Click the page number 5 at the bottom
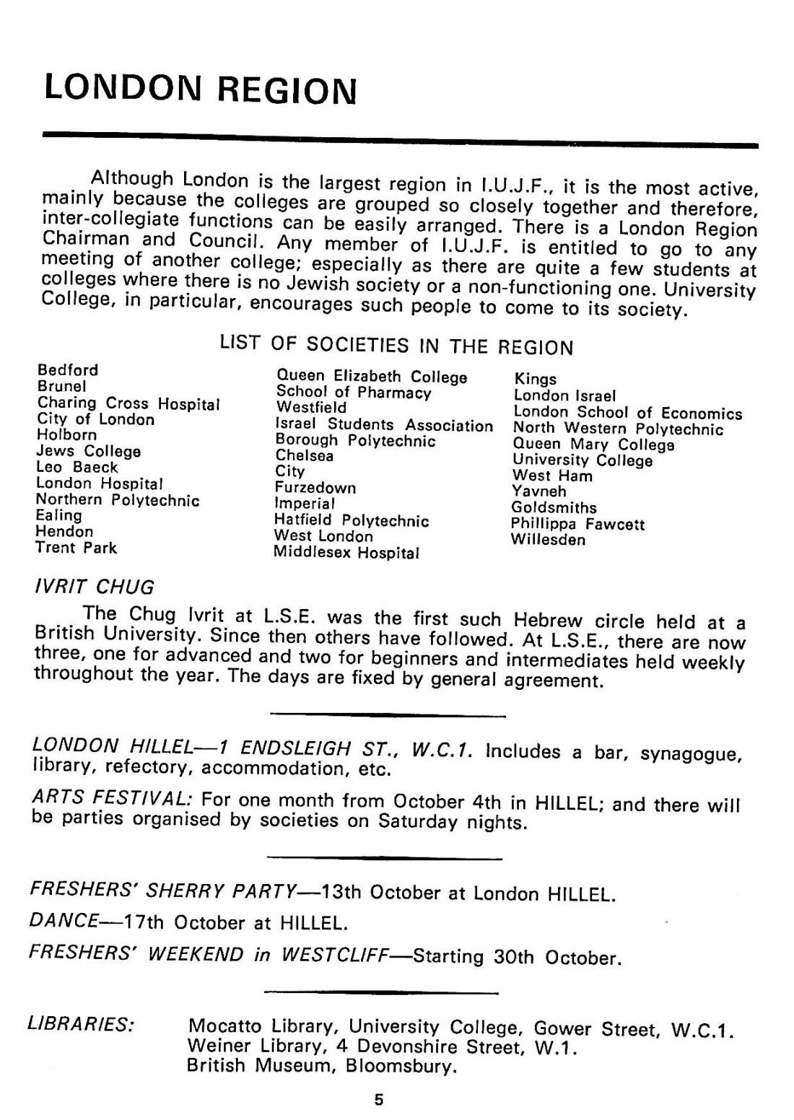click(378, 1100)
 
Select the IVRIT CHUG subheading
click(94, 586)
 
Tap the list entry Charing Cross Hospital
click(128, 403)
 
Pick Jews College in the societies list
click(88, 452)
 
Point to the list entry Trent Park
click(76, 548)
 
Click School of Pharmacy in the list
click(354, 393)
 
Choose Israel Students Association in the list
click(384, 425)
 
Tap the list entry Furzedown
click(315, 488)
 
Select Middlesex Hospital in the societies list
click(346, 554)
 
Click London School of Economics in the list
click(627, 413)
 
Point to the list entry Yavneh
click(538, 491)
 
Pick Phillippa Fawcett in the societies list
click(577, 524)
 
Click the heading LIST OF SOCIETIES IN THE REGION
click(396, 346)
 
